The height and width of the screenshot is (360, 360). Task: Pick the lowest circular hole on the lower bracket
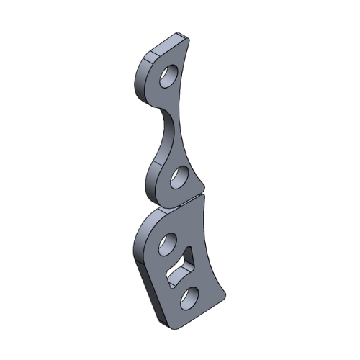click(x=189, y=297)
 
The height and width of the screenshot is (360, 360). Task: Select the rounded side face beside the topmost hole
click(x=140, y=79)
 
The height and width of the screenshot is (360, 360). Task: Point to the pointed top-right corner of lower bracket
click(x=204, y=198)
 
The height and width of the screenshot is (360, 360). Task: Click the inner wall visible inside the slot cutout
click(x=178, y=272)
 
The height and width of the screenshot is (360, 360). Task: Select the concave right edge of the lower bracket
click(x=210, y=245)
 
